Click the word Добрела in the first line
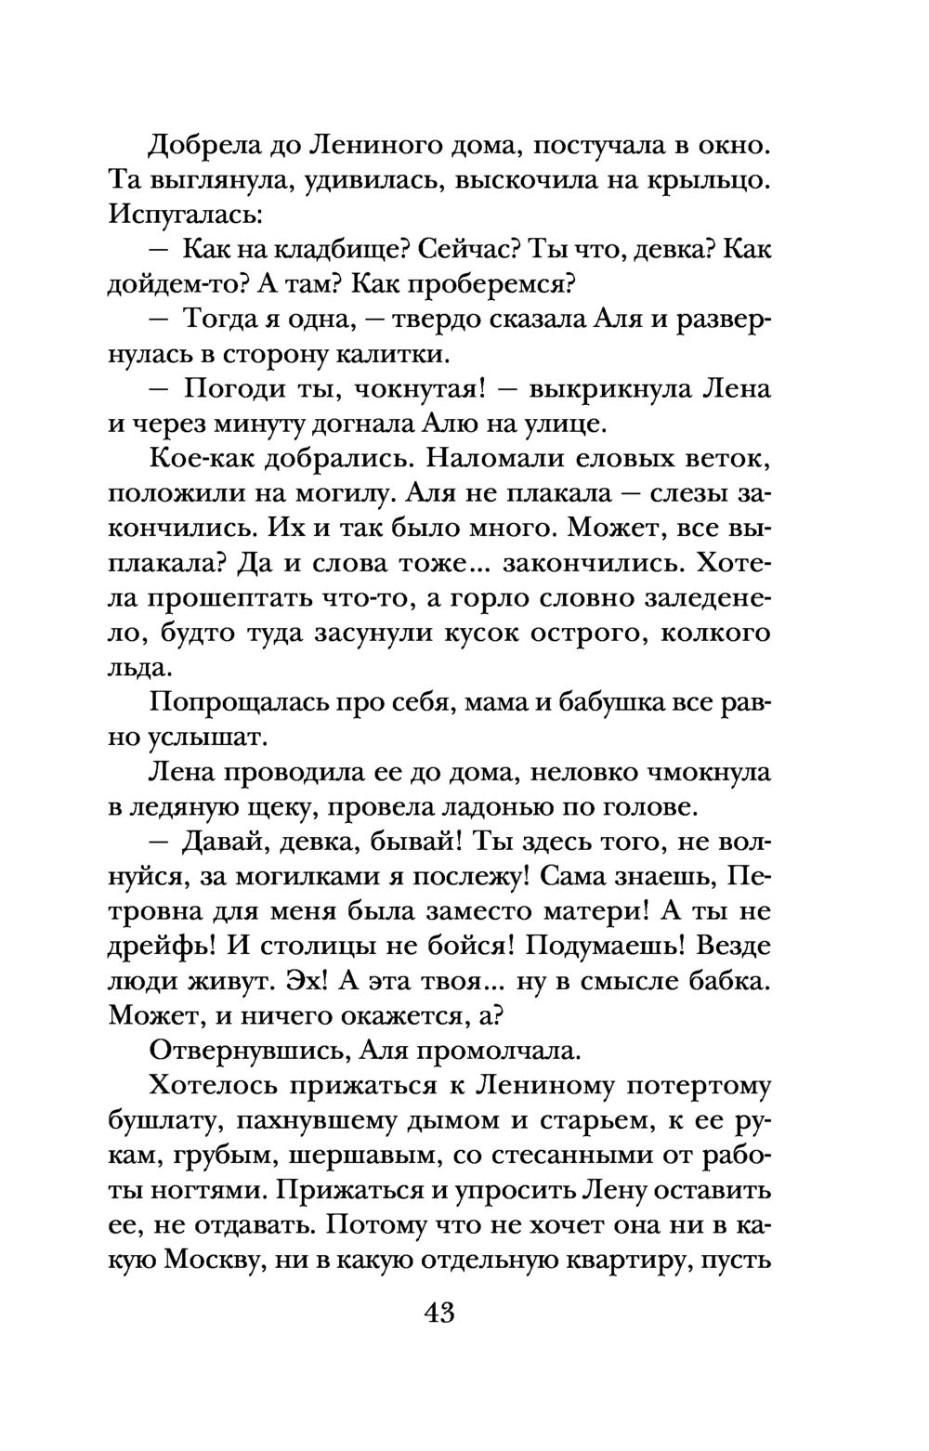199,146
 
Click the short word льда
139,668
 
